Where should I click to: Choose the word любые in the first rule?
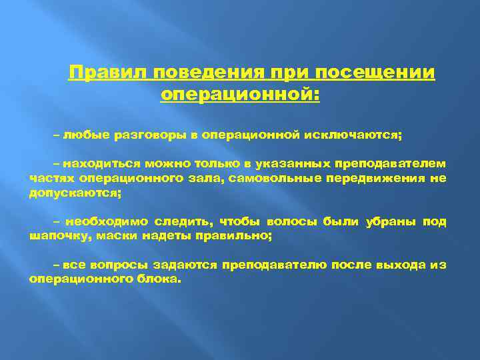tap(81, 135)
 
